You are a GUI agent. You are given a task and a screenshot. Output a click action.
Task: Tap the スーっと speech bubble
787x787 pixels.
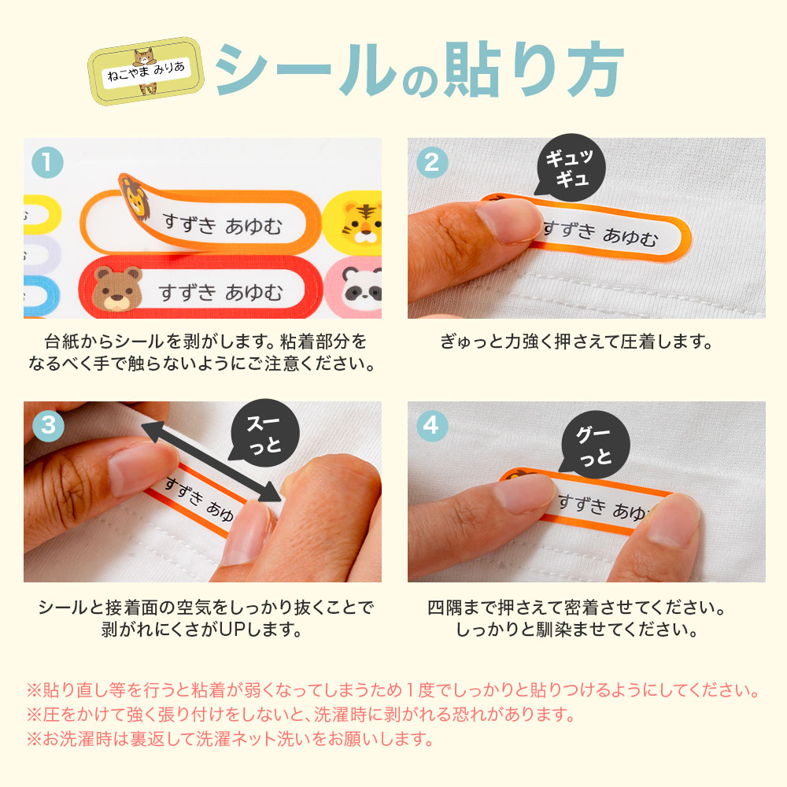tap(264, 435)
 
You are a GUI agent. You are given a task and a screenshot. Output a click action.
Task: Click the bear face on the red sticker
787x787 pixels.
tap(116, 288)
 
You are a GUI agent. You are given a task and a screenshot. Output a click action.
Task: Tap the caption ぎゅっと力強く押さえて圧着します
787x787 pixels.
tap(575, 343)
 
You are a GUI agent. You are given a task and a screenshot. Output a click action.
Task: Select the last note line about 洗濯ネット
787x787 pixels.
tap(230, 740)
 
